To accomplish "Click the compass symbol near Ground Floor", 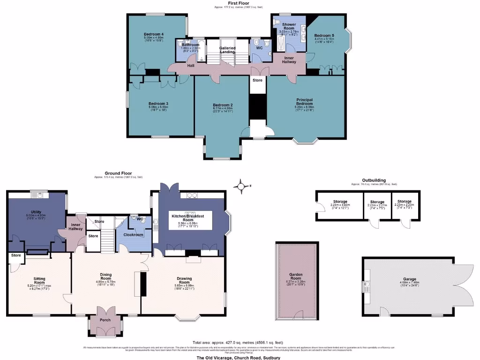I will coord(241,187).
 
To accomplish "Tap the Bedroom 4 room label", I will coord(153,35).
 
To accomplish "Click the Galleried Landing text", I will coord(227,50).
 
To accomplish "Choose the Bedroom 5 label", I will coord(323,36).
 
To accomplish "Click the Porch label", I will coord(105,320).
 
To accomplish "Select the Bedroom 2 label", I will coord(223,105).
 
